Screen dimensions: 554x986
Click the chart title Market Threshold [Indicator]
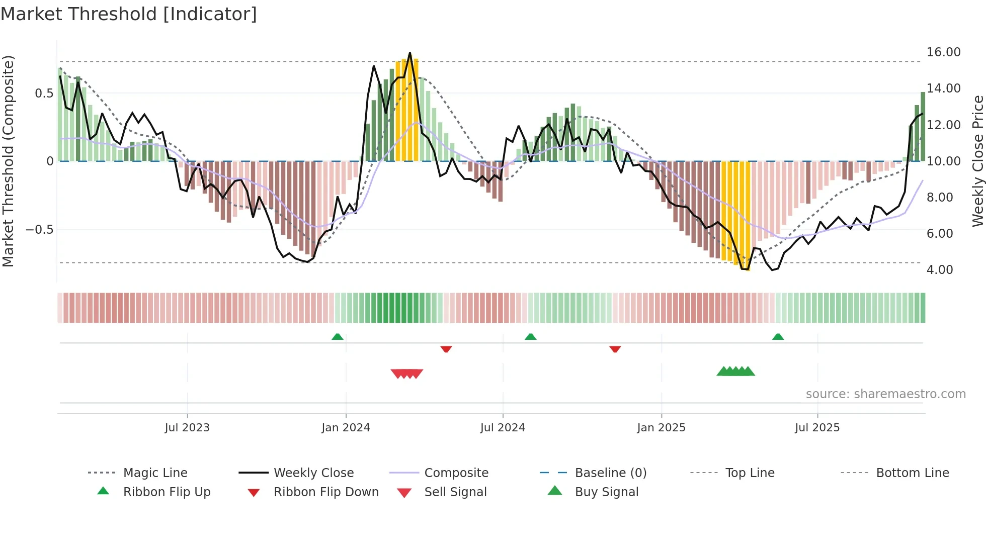click(129, 14)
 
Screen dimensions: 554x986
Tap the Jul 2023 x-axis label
click(187, 427)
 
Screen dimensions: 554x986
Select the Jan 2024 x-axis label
click(346, 427)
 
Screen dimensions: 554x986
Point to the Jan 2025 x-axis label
click(661, 427)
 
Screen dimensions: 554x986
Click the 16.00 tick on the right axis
click(943, 52)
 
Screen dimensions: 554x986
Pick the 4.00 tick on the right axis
click(940, 270)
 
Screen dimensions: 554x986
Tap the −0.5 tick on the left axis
click(39, 230)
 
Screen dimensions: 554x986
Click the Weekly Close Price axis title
click(977, 161)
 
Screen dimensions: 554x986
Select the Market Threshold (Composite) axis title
click(8, 161)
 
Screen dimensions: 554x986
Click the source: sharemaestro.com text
click(885, 394)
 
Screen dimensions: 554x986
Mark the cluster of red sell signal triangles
click(407, 374)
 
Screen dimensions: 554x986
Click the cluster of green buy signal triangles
click(735, 372)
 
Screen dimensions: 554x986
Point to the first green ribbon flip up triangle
click(338, 337)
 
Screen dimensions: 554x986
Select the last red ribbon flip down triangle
click(615, 349)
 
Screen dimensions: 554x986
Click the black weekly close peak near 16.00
click(410, 53)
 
